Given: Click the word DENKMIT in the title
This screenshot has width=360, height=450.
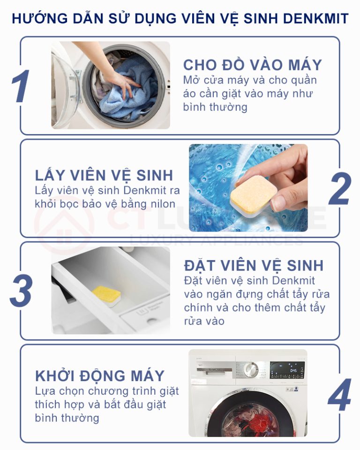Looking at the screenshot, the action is point(315,19).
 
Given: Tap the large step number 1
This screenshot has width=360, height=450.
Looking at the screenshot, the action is point(21,86).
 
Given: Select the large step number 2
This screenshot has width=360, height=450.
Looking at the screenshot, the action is point(340,188).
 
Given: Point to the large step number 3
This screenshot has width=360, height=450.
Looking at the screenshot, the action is point(21,291).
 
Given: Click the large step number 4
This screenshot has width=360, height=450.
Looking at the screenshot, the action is point(340,394).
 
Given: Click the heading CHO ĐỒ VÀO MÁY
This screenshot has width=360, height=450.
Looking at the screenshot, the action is point(253,65).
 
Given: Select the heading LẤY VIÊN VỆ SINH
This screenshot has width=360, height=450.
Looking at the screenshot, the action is point(104,175).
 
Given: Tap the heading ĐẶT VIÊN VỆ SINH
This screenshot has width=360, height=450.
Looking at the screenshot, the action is point(254,265).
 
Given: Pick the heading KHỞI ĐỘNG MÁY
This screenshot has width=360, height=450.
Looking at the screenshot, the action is point(100,375).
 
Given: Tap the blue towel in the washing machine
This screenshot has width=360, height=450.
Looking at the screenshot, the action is point(129,89).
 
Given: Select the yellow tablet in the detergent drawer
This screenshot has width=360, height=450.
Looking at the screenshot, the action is point(106,296).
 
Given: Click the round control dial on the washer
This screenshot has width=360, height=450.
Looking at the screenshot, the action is point(251,370).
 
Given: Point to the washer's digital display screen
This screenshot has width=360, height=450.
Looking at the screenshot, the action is point(287,370).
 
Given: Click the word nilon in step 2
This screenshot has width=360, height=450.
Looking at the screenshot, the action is point(165,204).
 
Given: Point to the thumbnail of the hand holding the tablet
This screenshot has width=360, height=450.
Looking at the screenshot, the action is point(248,187).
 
